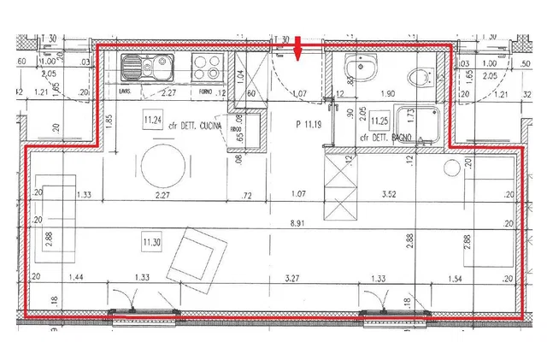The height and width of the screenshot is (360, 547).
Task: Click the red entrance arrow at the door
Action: (297, 52)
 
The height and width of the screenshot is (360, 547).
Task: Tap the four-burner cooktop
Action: (206, 65)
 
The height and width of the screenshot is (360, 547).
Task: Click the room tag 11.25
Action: (379, 121)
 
